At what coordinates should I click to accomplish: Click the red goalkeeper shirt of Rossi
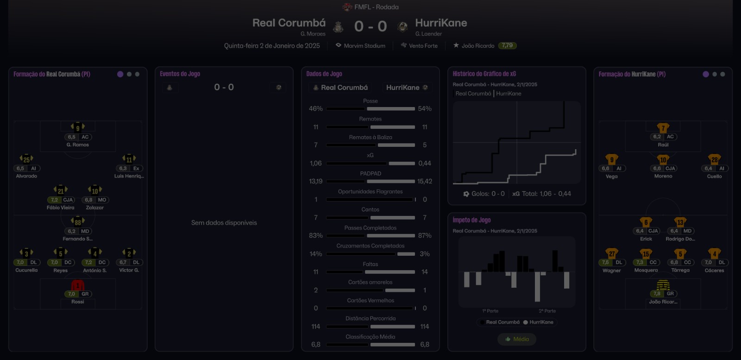coord(77,285)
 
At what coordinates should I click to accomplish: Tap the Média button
coord(517,339)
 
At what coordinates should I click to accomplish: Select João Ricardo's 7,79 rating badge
coord(507,45)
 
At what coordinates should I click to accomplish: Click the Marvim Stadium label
coord(364,46)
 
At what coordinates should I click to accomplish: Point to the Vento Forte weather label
coord(423,46)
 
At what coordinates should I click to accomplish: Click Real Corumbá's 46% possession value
coord(316,108)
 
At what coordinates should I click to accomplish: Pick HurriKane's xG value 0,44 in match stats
coord(424,163)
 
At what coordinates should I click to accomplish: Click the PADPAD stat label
coord(370,174)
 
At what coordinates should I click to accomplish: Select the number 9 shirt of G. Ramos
coord(78,127)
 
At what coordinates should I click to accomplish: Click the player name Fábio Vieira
coord(60,208)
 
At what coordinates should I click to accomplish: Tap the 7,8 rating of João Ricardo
coord(657,294)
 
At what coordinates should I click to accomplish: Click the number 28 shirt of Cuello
coord(714,160)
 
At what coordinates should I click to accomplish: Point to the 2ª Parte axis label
coord(547,311)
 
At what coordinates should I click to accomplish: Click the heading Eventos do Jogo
coord(180,74)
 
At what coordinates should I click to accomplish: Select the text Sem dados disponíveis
coord(224,223)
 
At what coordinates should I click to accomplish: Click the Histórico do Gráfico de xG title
coord(484,74)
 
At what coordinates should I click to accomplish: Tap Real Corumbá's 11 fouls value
coord(316,272)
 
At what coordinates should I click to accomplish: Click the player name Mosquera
coord(646,270)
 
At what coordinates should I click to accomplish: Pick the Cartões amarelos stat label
coord(370,282)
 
